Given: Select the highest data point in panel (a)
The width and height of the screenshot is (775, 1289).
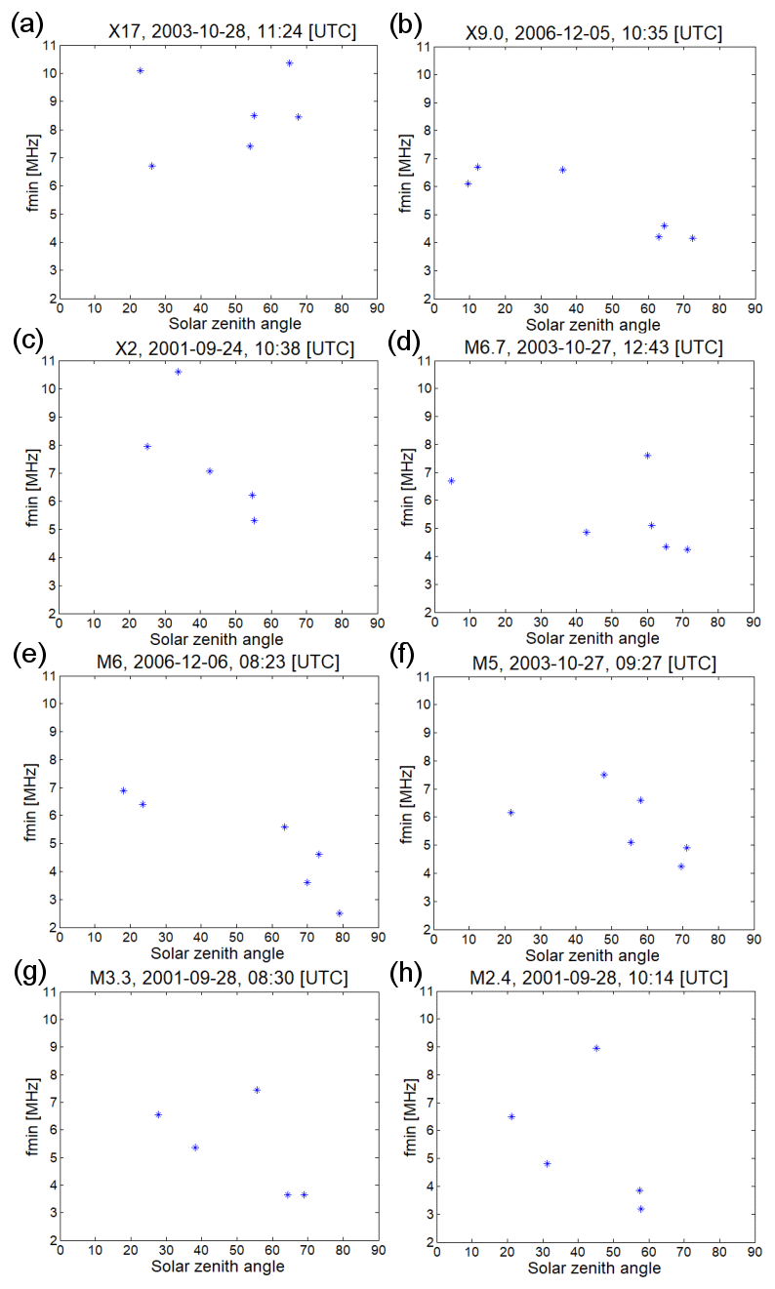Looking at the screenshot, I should [x=289, y=63].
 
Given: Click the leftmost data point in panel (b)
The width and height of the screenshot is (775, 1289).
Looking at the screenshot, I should [x=469, y=183].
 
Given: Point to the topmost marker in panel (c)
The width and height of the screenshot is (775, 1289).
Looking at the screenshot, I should [x=179, y=372].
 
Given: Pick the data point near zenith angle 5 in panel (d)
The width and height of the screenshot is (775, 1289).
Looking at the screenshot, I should [x=451, y=480].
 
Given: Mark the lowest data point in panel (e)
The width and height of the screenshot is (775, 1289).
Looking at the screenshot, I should [x=340, y=913].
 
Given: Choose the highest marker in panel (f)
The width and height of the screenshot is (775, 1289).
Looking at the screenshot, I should [x=604, y=775].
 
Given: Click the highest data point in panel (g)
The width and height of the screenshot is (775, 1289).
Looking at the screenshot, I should [x=257, y=1090].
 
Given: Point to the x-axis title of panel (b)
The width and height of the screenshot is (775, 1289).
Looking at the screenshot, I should [x=593, y=324].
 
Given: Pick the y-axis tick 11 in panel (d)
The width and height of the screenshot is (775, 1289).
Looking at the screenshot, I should [x=425, y=361].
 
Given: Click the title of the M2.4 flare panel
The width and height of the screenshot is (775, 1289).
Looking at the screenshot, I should [x=593, y=978].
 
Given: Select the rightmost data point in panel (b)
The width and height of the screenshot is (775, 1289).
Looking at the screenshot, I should [x=692, y=238].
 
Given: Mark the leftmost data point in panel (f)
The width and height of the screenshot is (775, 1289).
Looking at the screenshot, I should [x=510, y=812].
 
